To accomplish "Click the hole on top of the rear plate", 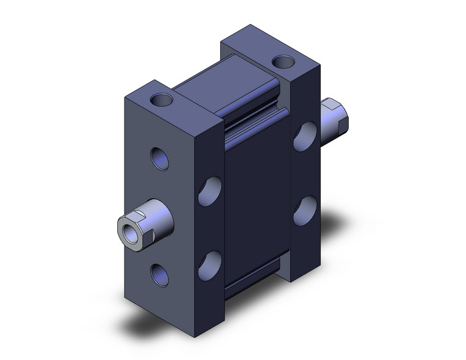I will click(283, 61).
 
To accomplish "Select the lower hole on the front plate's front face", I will click(159, 274).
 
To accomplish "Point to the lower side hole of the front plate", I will click(210, 264).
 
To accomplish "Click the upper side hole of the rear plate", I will click(305, 137).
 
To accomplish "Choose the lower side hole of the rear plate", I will click(305, 211).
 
